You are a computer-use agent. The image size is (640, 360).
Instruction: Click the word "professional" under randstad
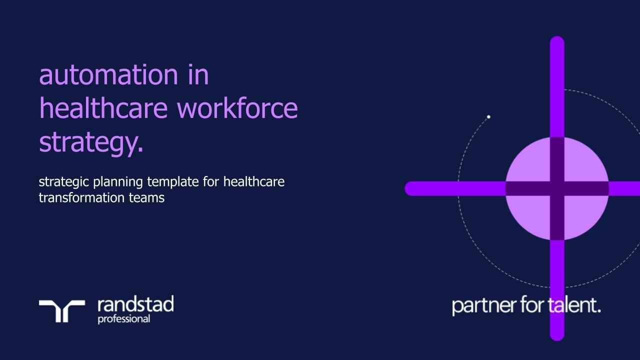pos(123,318)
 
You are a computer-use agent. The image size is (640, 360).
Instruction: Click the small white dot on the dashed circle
pos(488,117)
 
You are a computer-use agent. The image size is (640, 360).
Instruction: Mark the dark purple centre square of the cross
pos(557,188)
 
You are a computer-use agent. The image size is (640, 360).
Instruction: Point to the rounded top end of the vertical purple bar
pos(557,43)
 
